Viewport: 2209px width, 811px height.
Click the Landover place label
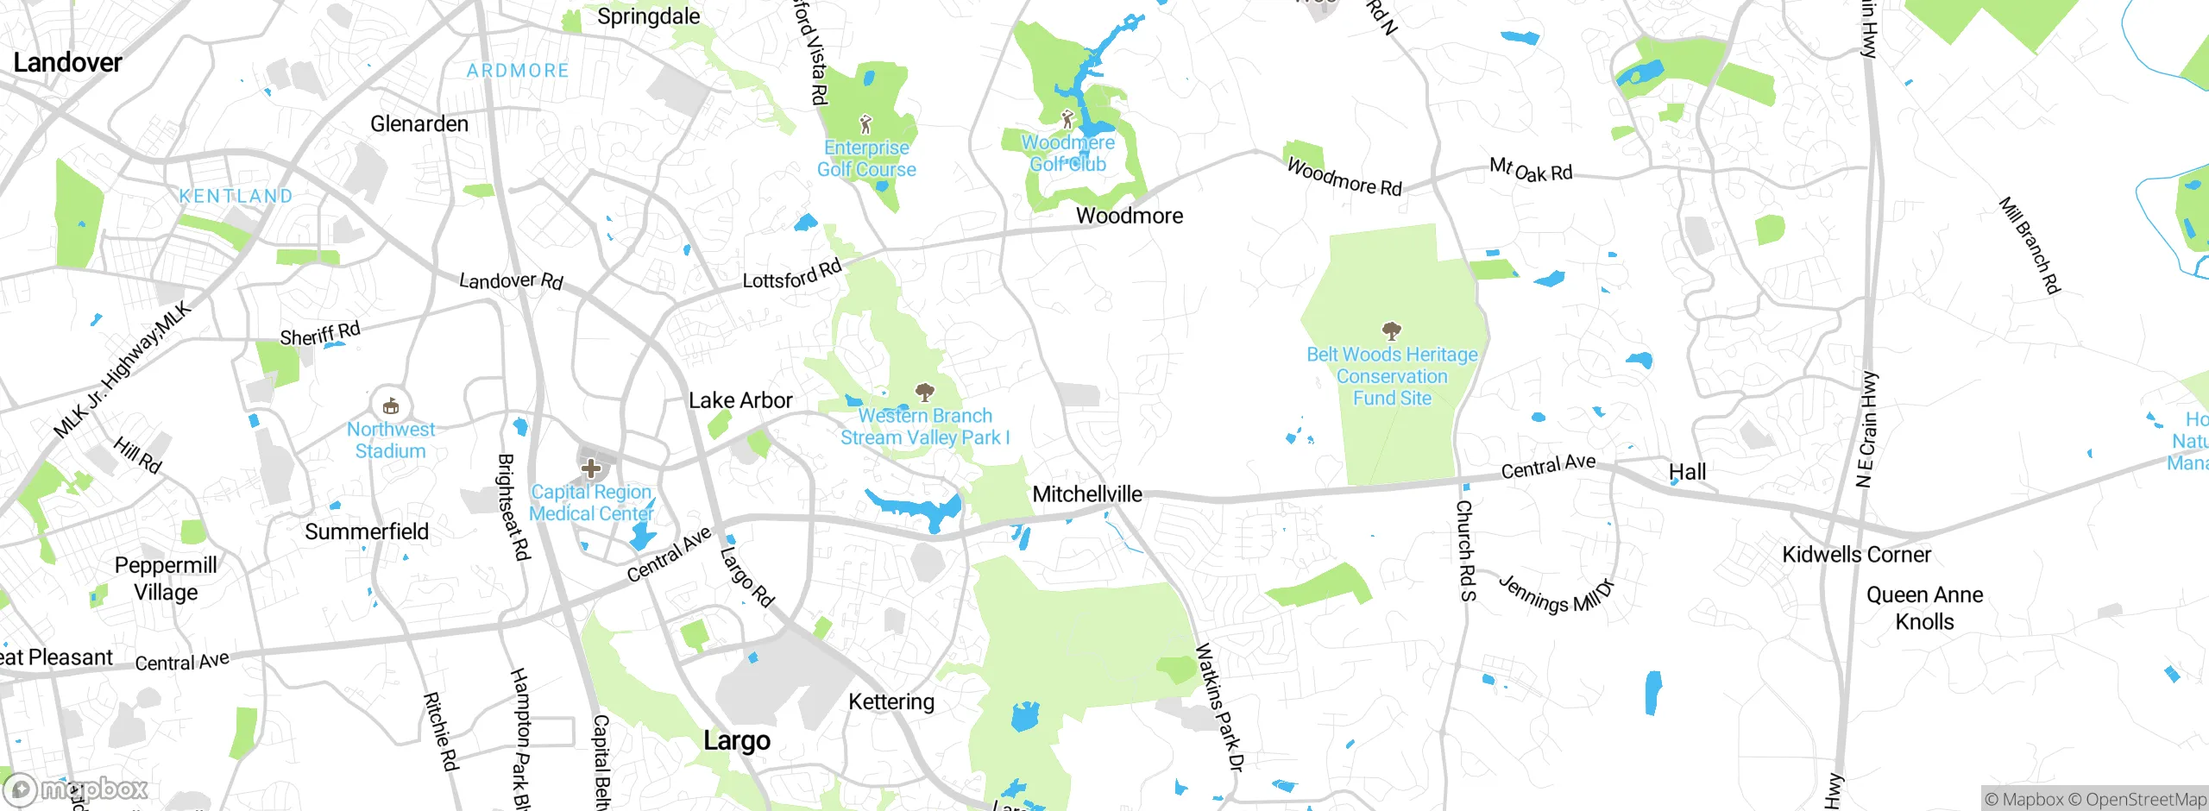pos(67,62)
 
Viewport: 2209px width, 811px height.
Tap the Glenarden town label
pos(419,124)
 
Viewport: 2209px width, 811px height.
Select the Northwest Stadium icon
pos(390,405)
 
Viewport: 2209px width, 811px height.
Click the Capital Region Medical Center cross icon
pos(591,468)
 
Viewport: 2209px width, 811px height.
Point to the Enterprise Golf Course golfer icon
pos(865,124)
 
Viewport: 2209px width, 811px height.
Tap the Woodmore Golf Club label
pos(1067,154)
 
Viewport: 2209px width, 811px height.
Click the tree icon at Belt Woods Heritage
pos(1391,330)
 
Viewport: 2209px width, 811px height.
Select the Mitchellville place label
pos(1087,494)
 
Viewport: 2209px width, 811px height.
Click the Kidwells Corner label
pos(1856,555)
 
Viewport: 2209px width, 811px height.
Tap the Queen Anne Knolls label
pos(1924,608)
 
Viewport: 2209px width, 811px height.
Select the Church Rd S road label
pos(1465,550)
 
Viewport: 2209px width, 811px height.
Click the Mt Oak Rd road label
pos(1531,170)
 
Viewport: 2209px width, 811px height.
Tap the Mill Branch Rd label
pos(2030,245)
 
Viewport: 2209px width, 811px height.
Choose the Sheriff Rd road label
pos(320,334)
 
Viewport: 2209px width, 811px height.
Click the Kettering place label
pos(891,701)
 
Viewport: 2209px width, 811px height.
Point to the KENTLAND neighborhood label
pos(236,196)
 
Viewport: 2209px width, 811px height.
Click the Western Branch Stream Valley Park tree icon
pos(924,393)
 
